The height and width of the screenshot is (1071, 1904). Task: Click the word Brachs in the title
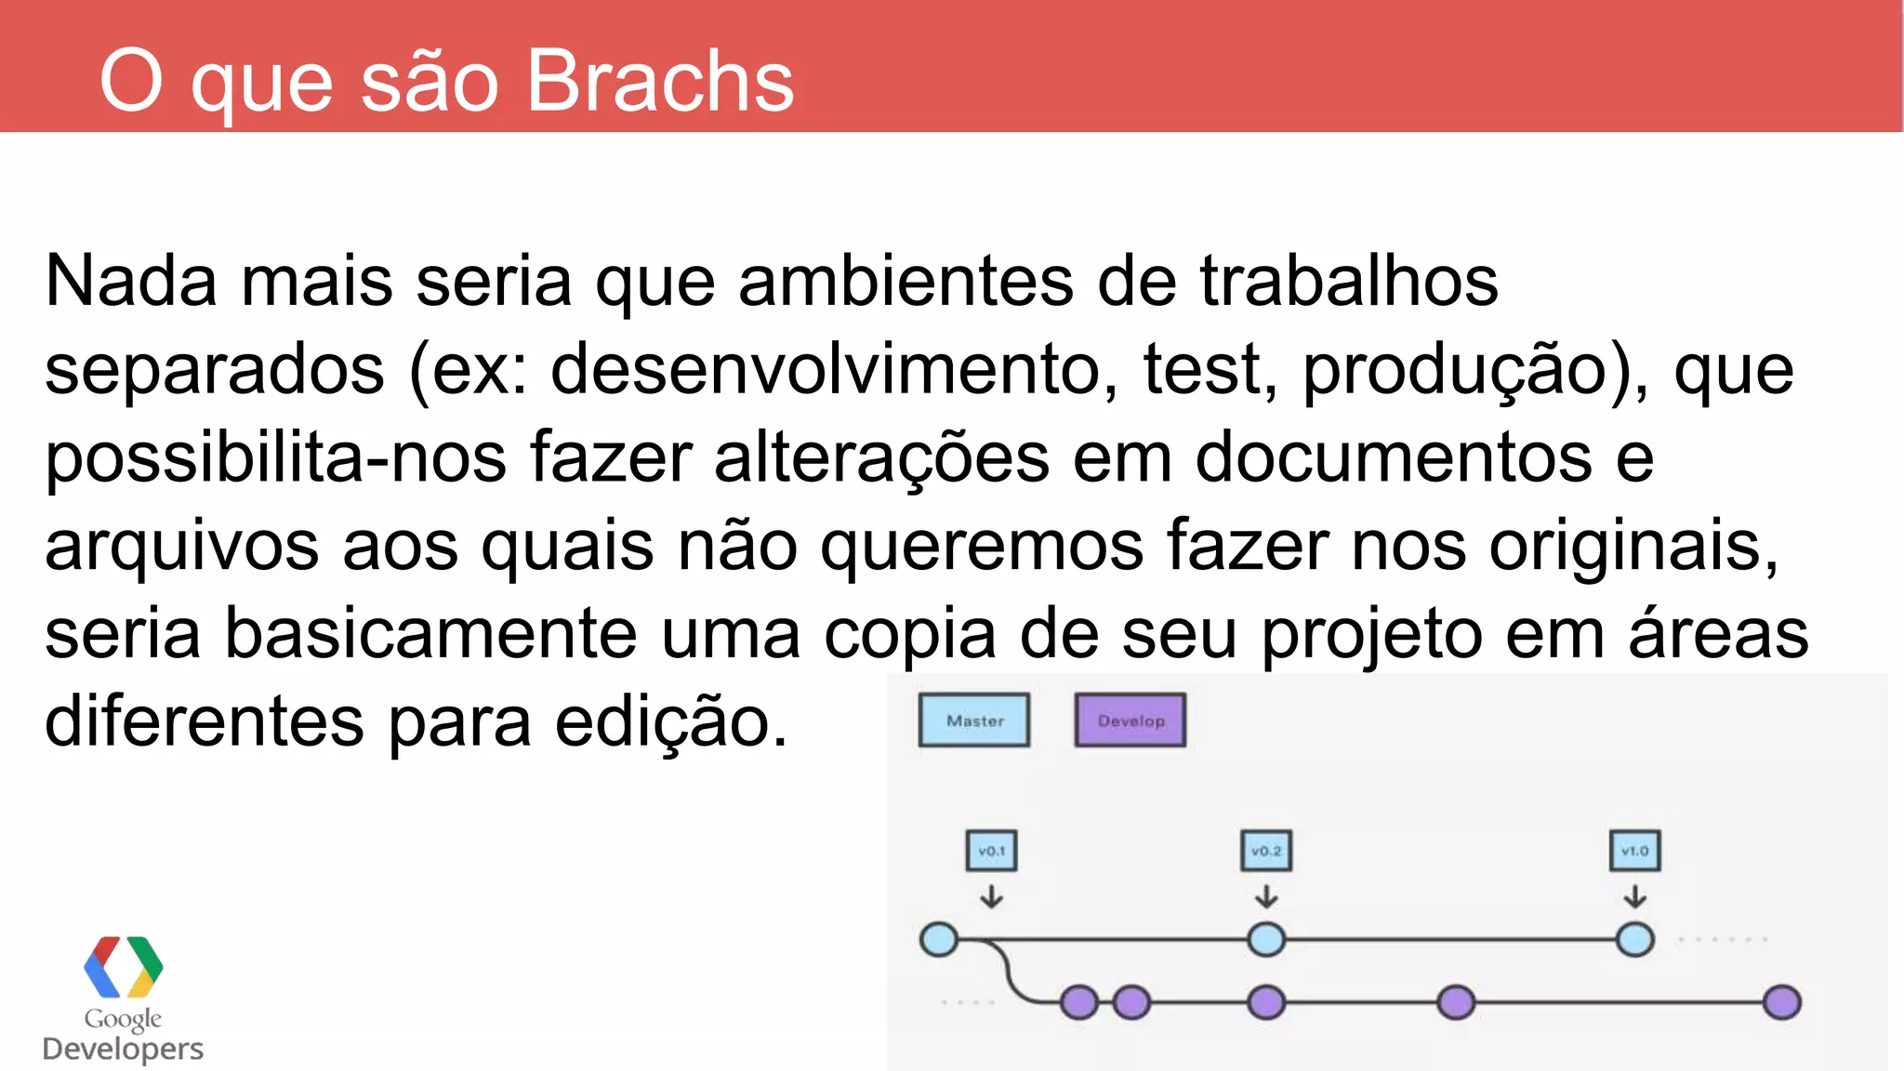click(x=659, y=82)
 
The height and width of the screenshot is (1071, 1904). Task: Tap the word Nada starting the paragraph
click(x=130, y=281)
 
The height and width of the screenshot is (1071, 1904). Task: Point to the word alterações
click(x=881, y=457)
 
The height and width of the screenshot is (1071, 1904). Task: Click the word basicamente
click(x=430, y=634)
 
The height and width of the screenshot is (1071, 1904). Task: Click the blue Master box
click(x=974, y=721)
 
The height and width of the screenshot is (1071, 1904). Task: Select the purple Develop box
click(x=1130, y=721)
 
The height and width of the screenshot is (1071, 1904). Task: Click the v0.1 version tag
click(x=991, y=851)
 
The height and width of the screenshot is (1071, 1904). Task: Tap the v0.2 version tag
click(x=1266, y=851)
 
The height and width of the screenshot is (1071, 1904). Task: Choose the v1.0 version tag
click(x=1634, y=851)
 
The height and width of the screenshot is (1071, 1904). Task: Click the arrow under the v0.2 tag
click(x=1266, y=896)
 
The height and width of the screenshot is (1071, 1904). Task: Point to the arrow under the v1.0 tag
click(x=1634, y=896)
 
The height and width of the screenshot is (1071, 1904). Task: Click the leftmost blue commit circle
click(x=939, y=939)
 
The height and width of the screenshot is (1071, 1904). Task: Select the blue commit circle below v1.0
click(x=1634, y=939)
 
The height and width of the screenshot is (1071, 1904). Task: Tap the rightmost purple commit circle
click(x=1781, y=1002)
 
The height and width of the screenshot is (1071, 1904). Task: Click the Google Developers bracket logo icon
click(x=123, y=967)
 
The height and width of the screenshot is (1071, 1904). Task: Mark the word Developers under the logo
click(x=123, y=1049)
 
